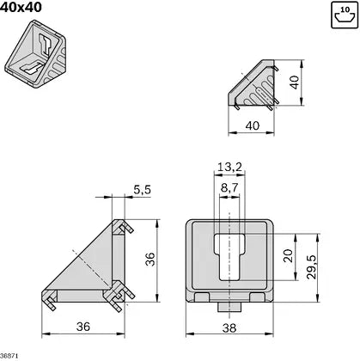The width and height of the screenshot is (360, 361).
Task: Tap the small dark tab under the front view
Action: [229, 305]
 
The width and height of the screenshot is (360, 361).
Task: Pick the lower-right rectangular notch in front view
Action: [256, 297]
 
